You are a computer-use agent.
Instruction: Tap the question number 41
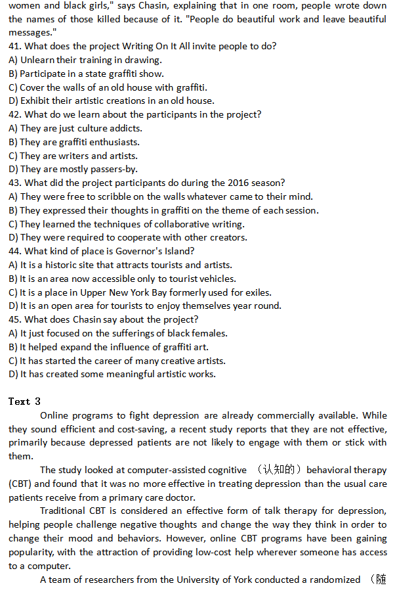15,46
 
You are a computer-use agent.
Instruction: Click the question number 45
15,319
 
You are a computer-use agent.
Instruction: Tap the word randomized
335,579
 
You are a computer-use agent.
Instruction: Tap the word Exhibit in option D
36,101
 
